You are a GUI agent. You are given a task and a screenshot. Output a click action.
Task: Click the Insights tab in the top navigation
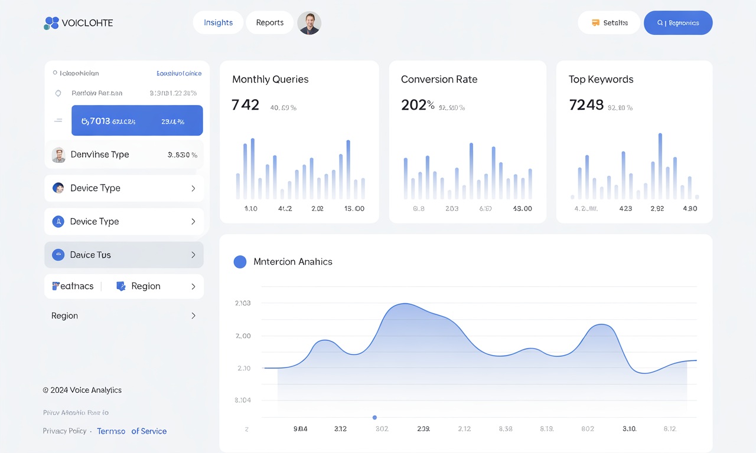[218, 22]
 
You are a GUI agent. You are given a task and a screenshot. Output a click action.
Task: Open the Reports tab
[269, 22]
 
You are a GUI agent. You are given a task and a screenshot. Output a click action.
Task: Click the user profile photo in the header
[309, 23]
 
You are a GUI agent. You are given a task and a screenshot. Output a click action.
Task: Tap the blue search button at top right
[677, 23]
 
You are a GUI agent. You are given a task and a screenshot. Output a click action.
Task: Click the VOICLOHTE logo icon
[51, 23]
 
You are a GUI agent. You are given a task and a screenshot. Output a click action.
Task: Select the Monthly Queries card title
[270, 79]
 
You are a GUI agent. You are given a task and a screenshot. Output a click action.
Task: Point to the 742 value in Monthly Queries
[245, 105]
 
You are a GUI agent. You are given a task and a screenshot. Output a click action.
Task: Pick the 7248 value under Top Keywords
[586, 105]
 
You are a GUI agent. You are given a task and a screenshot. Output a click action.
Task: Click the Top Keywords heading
[601, 79]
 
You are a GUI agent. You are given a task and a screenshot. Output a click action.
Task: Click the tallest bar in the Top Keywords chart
[660, 166]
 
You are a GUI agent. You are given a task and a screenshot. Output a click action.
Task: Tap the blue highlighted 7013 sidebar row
[137, 121]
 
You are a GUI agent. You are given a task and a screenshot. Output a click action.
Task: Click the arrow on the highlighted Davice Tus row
[193, 255]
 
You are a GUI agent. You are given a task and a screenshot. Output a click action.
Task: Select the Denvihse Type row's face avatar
[58, 155]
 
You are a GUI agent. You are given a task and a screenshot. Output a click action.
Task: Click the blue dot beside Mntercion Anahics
[240, 262]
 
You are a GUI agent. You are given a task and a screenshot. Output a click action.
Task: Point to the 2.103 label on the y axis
[243, 303]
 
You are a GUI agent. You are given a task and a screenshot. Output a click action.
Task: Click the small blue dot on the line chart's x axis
[374, 418]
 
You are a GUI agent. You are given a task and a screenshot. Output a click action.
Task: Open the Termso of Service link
[132, 431]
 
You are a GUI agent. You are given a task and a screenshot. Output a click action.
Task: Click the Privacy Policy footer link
[64, 431]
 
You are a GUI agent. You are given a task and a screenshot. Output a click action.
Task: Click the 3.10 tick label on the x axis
[629, 429]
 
